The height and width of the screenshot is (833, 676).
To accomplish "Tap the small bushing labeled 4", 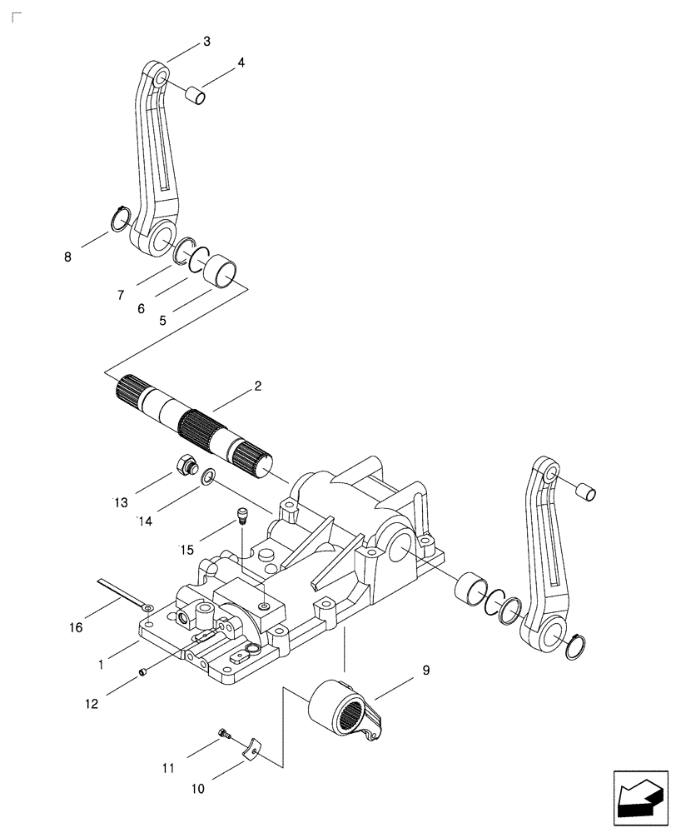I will (x=195, y=97).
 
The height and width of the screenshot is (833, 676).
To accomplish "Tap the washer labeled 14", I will (x=207, y=476).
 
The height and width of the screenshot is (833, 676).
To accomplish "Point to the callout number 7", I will (x=120, y=296).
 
